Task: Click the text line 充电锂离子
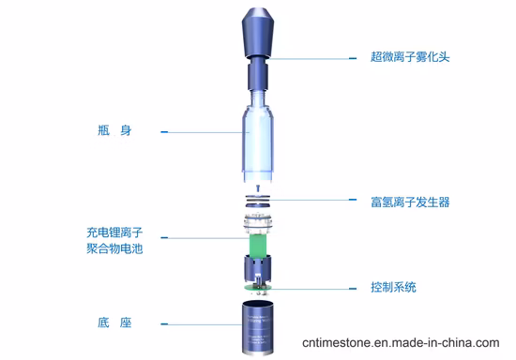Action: point(114,231)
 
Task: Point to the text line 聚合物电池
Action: point(114,248)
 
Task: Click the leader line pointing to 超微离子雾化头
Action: point(310,57)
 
